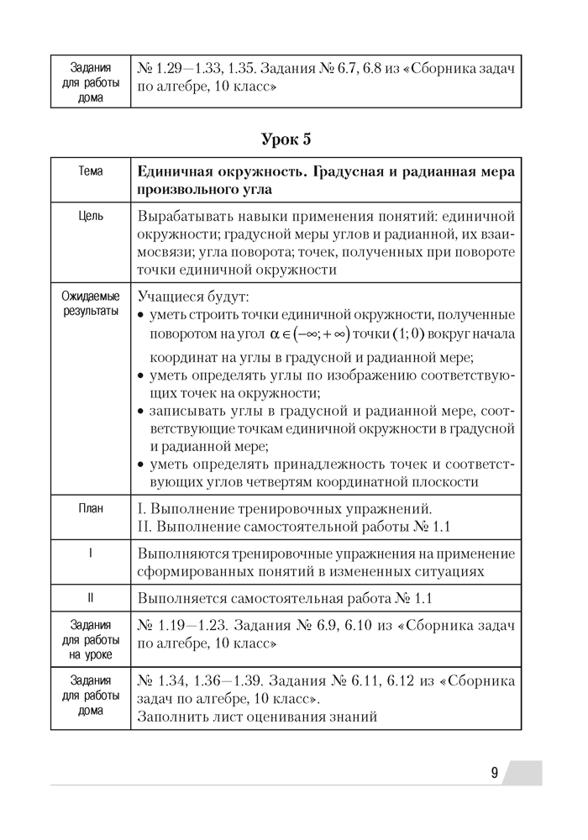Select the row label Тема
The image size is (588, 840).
tap(90, 171)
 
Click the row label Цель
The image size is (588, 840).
tap(90, 216)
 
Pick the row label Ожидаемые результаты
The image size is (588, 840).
tap(90, 303)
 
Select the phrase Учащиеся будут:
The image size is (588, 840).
tap(193, 297)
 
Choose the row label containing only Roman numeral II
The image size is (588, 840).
tap(90, 600)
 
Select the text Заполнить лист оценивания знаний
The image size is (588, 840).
tap(258, 717)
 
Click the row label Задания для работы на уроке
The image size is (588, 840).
tap(90, 640)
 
